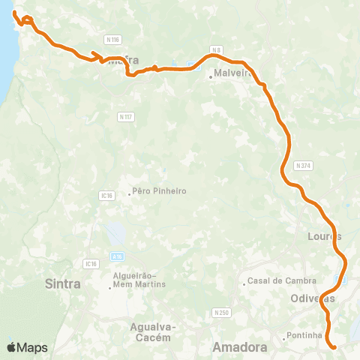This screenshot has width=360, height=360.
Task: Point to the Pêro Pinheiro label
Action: (x=158, y=191)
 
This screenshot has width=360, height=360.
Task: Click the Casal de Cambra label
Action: (x=278, y=281)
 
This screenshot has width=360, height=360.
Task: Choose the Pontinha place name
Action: (x=305, y=337)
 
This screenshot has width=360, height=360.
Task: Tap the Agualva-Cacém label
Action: (x=152, y=331)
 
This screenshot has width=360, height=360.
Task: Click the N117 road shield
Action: (x=125, y=116)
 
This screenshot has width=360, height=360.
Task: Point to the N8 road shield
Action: (x=217, y=49)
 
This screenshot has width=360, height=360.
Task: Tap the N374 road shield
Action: (x=303, y=165)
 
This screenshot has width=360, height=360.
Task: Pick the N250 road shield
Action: (x=220, y=312)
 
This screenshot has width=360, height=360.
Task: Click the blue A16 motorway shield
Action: (x=117, y=256)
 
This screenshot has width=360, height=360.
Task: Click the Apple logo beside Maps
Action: (x=12, y=347)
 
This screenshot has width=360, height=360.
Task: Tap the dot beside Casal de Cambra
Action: (x=244, y=283)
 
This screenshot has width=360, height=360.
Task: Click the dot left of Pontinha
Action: (x=284, y=337)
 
